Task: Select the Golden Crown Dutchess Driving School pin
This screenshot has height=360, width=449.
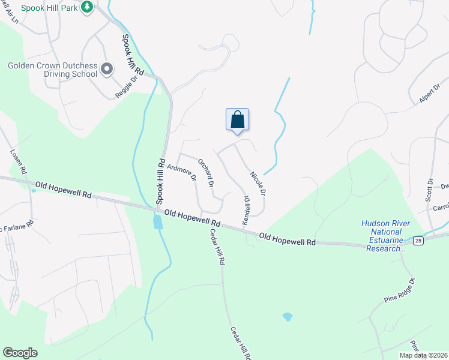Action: [x=107, y=70]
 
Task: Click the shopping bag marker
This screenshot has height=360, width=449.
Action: [x=237, y=119]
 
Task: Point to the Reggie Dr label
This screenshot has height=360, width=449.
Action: [x=126, y=88]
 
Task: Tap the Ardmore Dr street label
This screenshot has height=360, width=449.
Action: [x=182, y=172]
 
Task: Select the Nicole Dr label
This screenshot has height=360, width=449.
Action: [x=258, y=184]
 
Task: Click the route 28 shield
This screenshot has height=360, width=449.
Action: [x=417, y=241]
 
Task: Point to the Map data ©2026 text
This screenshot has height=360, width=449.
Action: [x=423, y=355]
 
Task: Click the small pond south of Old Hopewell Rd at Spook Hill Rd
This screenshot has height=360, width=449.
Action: [x=157, y=223]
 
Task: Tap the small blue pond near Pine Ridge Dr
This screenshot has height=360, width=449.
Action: [x=287, y=316]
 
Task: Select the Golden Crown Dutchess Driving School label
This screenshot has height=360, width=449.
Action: [x=52, y=70]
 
